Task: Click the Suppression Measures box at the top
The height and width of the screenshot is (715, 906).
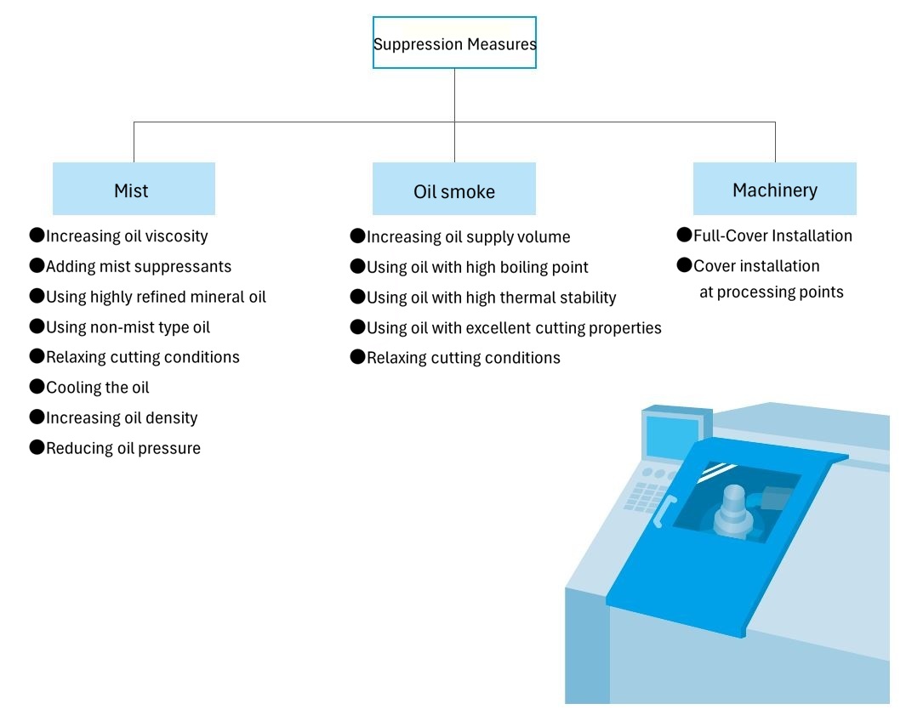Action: point(454,43)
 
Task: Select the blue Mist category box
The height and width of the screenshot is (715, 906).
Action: point(134,190)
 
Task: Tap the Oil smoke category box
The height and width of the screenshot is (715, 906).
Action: point(453,190)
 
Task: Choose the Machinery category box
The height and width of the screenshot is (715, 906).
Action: point(774,190)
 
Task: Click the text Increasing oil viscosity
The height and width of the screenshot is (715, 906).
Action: point(127,236)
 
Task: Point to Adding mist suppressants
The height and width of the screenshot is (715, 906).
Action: point(139,267)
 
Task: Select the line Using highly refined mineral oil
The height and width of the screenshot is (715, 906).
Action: point(156,298)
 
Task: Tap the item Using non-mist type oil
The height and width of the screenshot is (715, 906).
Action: point(128,327)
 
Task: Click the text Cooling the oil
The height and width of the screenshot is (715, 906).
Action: point(98,388)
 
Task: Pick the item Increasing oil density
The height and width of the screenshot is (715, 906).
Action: point(122,418)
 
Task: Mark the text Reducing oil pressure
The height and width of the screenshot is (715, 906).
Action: point(123,448)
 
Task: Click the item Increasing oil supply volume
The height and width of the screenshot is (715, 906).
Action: point(468,237)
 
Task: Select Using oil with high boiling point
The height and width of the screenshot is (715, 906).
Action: point(477,268)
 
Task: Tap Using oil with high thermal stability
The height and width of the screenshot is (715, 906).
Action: point(491,298)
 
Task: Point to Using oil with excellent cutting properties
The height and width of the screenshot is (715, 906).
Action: point(514,328)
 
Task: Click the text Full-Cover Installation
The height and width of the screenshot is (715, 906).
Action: point(772,236)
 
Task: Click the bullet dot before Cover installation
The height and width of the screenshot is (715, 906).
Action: point(684,265)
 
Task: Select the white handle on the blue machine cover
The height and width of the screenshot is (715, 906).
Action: point(664,511)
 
